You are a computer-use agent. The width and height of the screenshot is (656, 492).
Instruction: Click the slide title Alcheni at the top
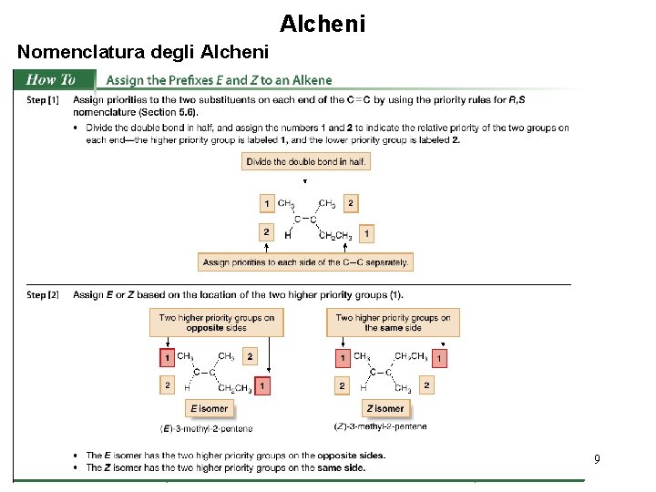click(x=323, y=23)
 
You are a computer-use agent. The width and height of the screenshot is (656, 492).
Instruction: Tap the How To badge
click(x=52, y=80)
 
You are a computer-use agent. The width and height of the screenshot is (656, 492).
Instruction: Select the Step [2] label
click(x=43, y=294)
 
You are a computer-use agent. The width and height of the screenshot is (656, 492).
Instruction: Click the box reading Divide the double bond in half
click(x=306, y=161)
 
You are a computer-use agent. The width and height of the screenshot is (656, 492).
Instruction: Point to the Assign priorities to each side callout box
click(x=305, y=262)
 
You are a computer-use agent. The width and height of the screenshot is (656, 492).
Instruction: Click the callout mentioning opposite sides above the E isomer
click(x=217, y=323)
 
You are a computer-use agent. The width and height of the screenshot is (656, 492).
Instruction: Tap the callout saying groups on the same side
click(x=393, y=323)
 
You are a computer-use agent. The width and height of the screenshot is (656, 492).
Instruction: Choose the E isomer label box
click(x=208, y=408)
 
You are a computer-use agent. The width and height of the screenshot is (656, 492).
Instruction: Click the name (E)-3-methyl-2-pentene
click(x=207, y=428)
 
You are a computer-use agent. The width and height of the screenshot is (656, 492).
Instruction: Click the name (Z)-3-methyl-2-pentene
click(x=381, y=426)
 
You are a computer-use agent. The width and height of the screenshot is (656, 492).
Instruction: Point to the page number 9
click(x=597, y=460)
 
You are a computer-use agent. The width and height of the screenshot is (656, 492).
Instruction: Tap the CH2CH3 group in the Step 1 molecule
click(x=335, y=236)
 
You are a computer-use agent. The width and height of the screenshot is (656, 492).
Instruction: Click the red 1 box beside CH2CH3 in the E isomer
click(x=262, y=387)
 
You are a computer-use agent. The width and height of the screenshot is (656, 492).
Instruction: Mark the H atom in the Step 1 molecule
click(x=288, y=236)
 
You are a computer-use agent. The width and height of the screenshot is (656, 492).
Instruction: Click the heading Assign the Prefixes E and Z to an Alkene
click(x=220, y=80)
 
